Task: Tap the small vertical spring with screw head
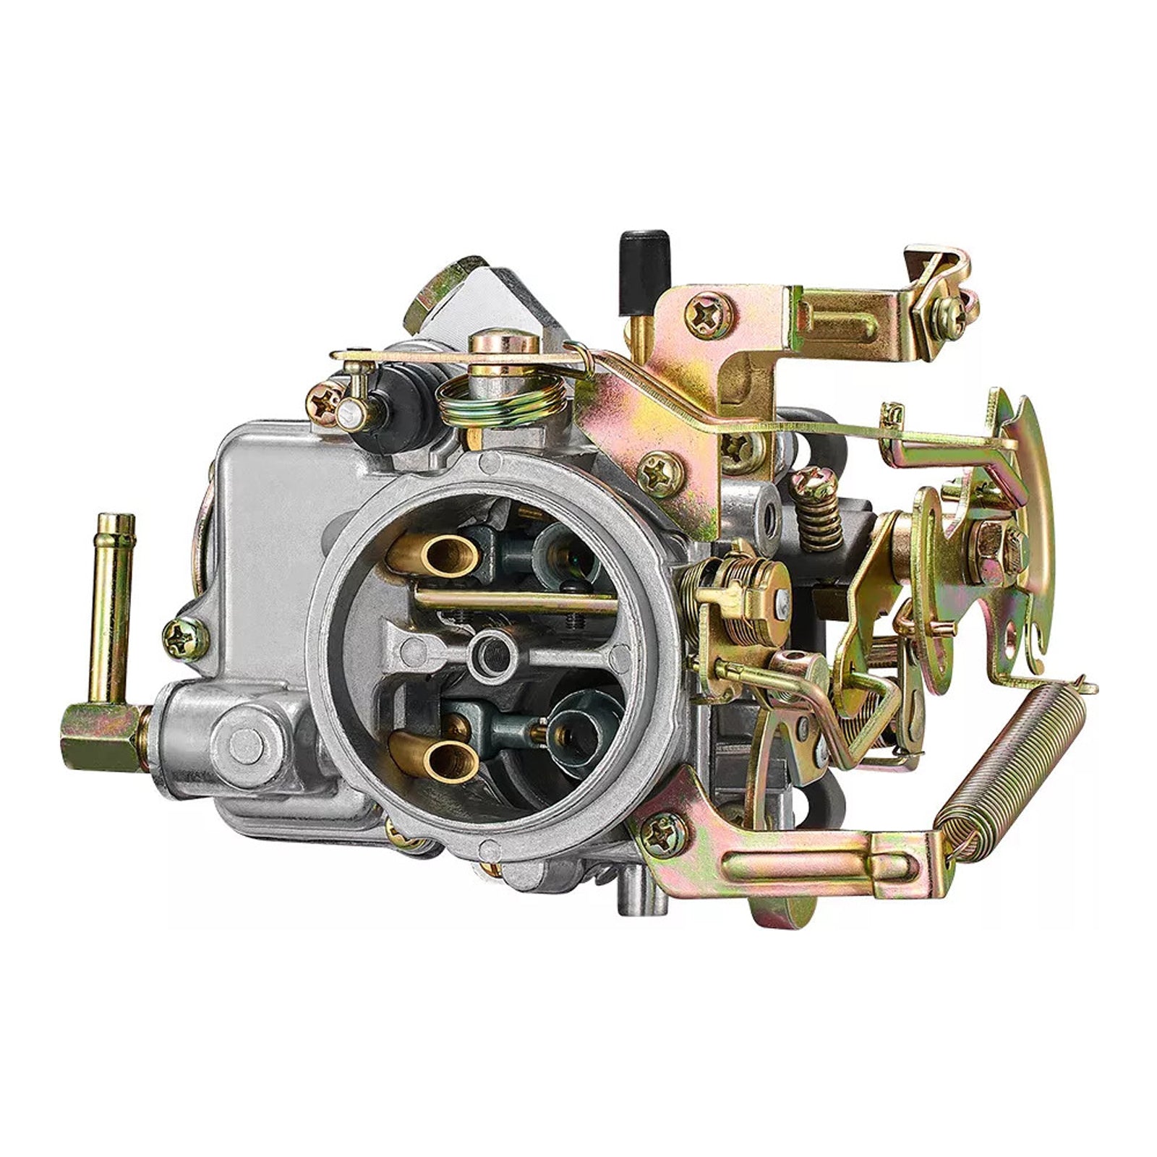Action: pyautogui.click(x=817, y=506)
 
